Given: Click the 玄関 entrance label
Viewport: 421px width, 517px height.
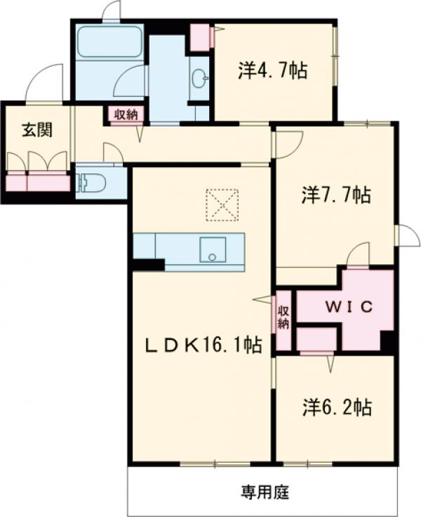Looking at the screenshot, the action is point(37,130).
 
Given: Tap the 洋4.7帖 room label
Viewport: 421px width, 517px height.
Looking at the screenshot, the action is point(273,71).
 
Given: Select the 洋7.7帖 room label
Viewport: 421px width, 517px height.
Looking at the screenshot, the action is point(336,195).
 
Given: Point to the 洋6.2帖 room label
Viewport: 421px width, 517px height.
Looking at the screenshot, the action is point(338,407).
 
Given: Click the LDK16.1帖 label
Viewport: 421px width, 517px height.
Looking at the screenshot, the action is point(204,346).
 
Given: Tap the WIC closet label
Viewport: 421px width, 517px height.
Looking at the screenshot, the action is point(349,307).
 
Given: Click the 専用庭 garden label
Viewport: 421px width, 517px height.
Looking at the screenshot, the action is point(265,493).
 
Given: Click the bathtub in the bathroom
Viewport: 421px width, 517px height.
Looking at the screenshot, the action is point(109,41).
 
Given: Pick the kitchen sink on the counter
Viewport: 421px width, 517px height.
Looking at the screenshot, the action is point(212,249).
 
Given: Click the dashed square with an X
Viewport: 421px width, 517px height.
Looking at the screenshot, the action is point(222,204).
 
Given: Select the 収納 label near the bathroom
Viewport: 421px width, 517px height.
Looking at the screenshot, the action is point(126,114).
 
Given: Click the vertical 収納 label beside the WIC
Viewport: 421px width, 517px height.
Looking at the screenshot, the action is point(283,318).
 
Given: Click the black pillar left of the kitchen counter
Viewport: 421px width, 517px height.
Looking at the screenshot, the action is point(148,265).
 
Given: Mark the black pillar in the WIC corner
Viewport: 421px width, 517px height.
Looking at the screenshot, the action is point(387,341).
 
